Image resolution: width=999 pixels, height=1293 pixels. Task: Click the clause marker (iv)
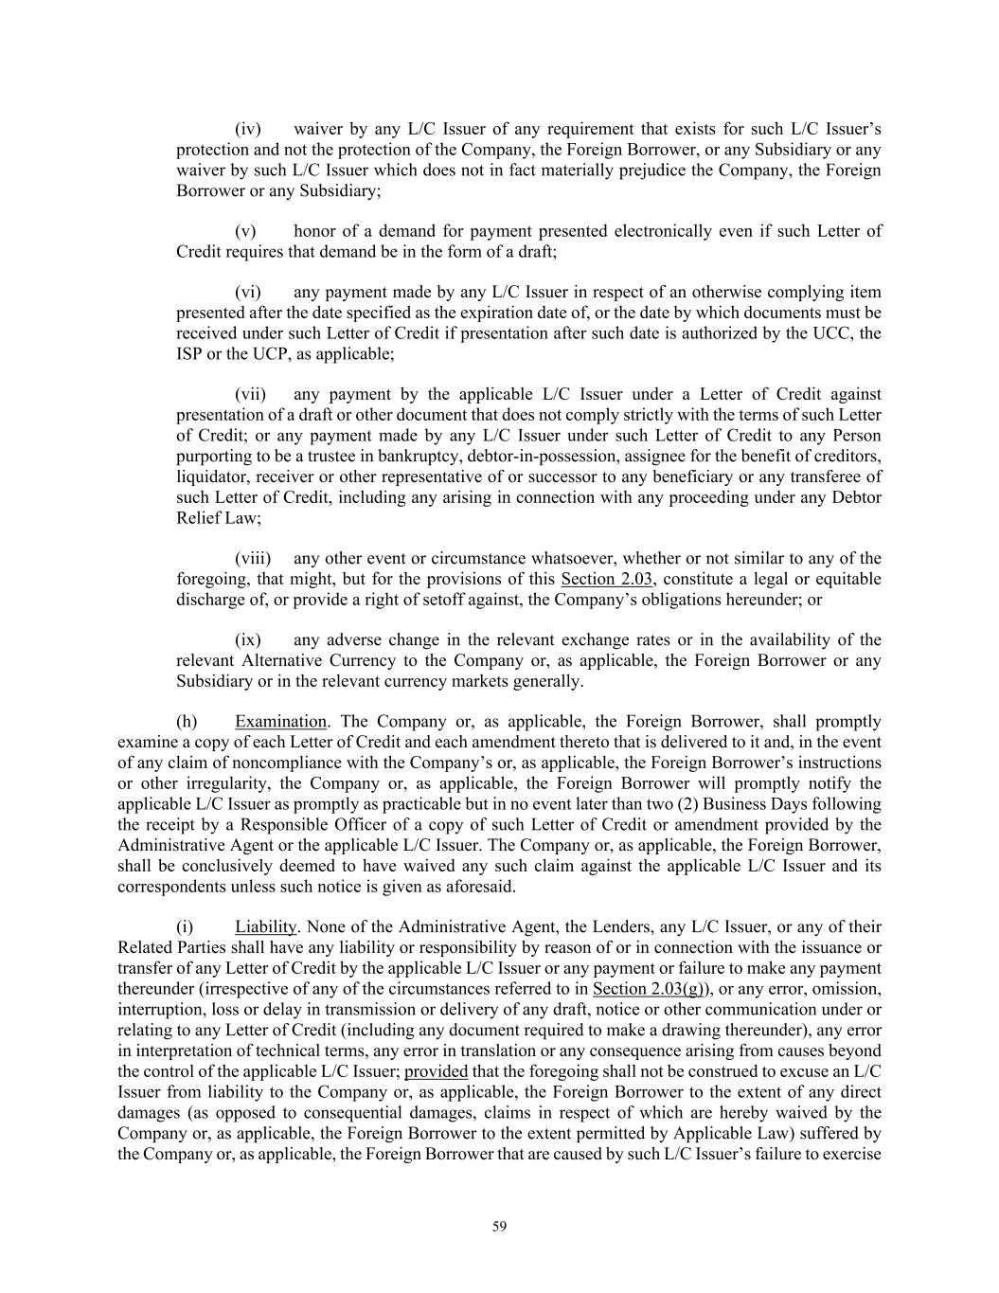click(247, 129)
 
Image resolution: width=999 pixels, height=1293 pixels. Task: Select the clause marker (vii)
click(250, 394)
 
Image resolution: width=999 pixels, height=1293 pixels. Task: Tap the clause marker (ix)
click(247, 639)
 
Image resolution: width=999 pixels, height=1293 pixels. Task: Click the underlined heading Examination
click(280, 721)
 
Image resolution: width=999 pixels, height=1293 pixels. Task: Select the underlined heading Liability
click(267, 926)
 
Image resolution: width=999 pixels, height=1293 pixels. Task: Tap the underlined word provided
click(436, 1071)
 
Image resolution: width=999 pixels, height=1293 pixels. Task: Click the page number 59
click(500, 1227)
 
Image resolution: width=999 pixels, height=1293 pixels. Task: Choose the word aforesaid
click(481, 887)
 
